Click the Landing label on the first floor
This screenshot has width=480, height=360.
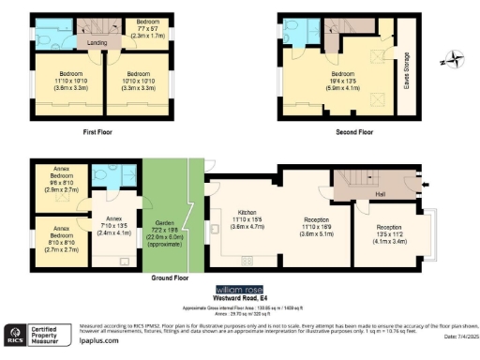coord(96,42)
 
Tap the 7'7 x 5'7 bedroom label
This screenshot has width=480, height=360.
coord(147,26)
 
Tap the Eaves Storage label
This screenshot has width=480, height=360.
coord(406,68)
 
